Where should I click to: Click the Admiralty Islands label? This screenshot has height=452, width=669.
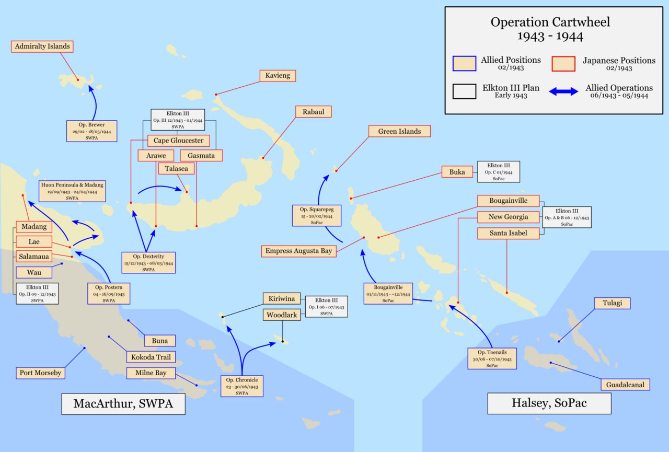(x=42, y=47)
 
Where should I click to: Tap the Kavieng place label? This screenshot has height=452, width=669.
(x=278, y=76)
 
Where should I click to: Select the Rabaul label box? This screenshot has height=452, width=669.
(x=313, y=112)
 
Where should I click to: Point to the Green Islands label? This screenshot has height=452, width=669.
(x=399, y=131)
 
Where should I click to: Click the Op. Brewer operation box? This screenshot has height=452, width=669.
(x=91, y=131)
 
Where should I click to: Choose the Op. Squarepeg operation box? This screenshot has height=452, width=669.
(x=317, y=216)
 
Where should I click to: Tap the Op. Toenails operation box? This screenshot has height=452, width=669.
(x=492, y=358)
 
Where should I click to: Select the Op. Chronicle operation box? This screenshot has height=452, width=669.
(x=242, y=386)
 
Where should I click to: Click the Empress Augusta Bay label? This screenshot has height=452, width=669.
(x=298, y=251)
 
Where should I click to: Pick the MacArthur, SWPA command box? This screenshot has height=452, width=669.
(x=123, y=403)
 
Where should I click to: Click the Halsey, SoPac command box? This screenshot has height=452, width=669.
(x=549, y=403)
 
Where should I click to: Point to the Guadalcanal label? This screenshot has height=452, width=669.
(x=625, y=385)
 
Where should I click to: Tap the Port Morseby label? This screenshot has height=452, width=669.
(x=40, y=373)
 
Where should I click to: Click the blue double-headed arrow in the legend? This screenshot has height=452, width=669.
(x=563, y=91)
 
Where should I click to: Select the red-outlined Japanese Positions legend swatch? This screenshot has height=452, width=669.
(x=563, y=64)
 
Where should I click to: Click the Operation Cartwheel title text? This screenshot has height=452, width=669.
(x=550, y=29)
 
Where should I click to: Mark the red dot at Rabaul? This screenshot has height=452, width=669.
(x=263, y=158)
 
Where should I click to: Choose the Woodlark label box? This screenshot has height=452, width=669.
(x=282, y=315)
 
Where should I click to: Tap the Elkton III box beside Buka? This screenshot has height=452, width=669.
(x=499, y=172)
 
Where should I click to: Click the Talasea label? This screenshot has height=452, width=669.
(x=176, y=168)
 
